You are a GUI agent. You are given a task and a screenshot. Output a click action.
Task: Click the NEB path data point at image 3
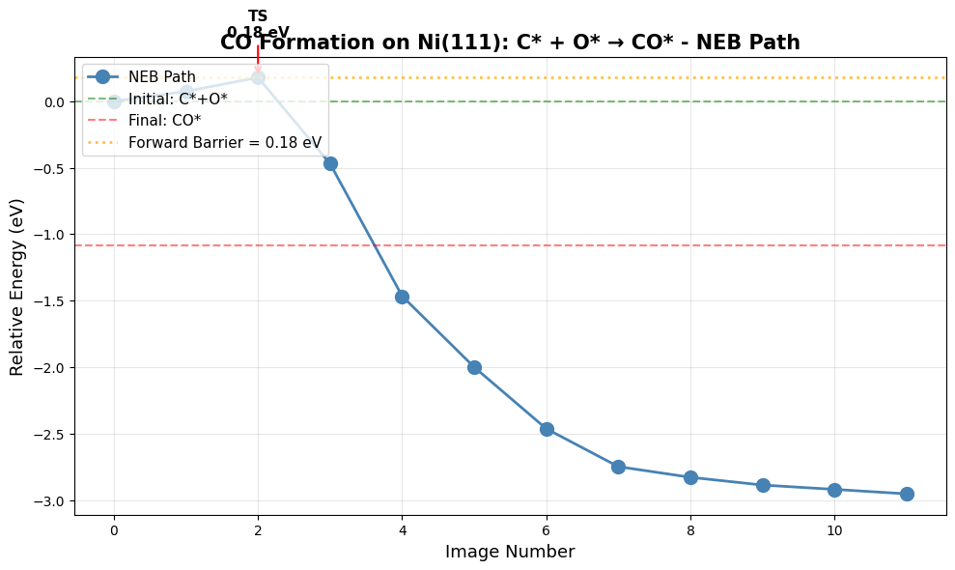pyautogui.click(x=330, y=163)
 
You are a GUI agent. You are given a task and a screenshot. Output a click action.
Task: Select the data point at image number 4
pyautogui.click(x=402, y=297)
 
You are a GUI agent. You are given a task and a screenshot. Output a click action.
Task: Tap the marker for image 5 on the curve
pyautogui.click(x=474, y=367)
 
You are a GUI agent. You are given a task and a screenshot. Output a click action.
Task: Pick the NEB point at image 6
pyautogui.click(x=547, y=429)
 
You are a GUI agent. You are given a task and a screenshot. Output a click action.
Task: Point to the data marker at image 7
pyautogui.click(x=618, y=467)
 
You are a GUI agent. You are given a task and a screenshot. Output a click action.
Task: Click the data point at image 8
pyautogui.click(x=690, y=477)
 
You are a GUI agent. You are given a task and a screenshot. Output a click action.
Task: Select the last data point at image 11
pyautogui.click(x=907, y=494)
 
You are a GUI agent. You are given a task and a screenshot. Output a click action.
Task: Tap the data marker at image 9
pyautogui.click(x=763, y=485)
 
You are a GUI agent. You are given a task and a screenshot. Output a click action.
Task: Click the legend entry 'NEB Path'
pyautogui.click(x=161, y=77)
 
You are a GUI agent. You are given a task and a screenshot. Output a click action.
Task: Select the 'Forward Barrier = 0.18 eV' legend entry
pyautogui.click(x=224, y=143)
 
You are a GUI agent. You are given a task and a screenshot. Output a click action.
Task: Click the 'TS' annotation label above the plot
pyautogui.click(x=258, y=16)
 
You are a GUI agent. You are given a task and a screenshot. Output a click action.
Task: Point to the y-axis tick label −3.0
pyautogui.click(x=49, y=501)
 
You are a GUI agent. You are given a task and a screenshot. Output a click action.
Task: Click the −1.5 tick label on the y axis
pyautogui.click(x=49, y=301)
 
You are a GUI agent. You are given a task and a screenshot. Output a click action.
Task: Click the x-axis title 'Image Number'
pyautogui.click(x=510, y=553)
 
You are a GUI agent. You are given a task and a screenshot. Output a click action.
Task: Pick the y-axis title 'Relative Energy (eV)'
pyautogui.click(x=17, y=287)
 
